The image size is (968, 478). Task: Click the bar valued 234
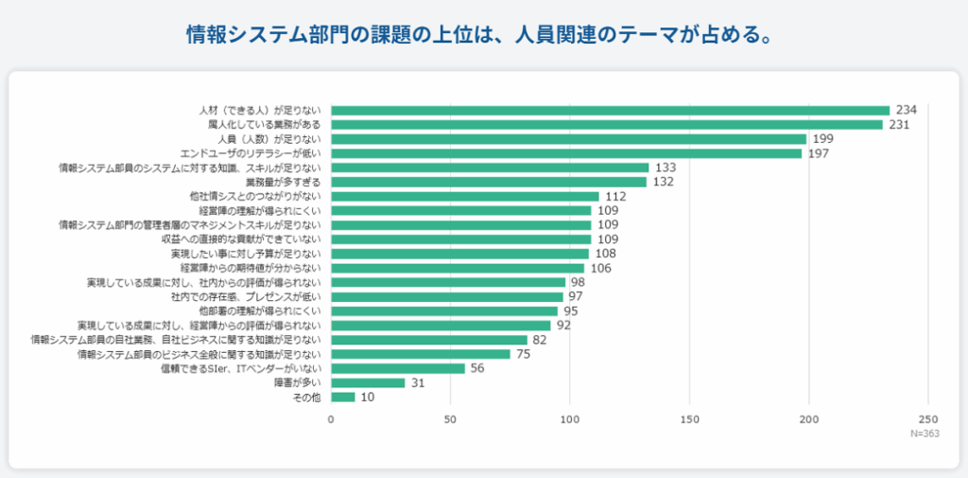[610, 110]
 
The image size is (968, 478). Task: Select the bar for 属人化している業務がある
[606, 124]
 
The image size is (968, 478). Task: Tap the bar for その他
[342, 397]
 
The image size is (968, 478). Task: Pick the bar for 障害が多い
[368, 382]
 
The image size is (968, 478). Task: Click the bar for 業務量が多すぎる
[488, 182]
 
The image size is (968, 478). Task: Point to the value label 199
[823, 139]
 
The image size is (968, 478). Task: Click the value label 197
[819, 153]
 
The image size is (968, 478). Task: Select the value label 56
[477, 368]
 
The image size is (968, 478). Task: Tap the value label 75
[523, 354]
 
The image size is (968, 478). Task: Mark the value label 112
[615, 196]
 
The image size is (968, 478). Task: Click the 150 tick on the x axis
[689, 418]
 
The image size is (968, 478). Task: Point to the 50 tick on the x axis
[450, 418]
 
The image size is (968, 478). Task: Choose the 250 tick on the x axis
[927, 418]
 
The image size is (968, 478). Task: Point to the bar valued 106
[458, 268]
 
